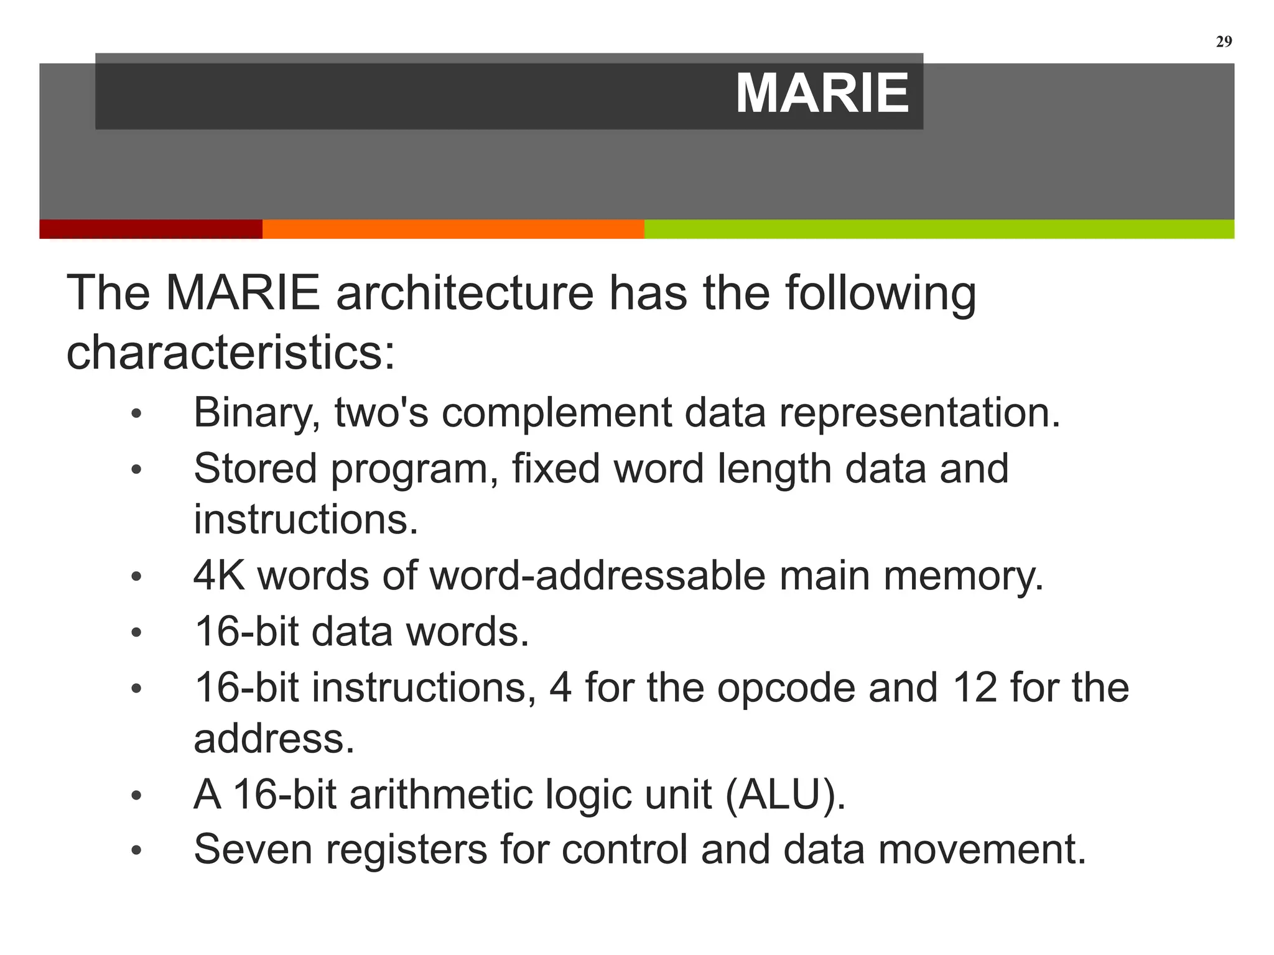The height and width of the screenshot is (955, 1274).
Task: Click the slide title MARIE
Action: pyautogui.click(x=822, y=93)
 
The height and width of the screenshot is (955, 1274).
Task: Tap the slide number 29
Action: pyautogui.click(x=1223, y=42)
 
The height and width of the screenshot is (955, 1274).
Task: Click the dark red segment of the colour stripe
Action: pyautogui.click(x=151, y=229)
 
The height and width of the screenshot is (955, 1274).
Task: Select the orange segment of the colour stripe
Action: pyautogui.click(x=453, y=229)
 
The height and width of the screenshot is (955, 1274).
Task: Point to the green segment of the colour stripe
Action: pyautogui.click(x=939, y=229)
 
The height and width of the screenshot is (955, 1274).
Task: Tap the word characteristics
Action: pyautogui.click(x=230, y=352)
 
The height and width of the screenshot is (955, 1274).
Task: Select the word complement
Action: pyautogui.click(x=556, y=413)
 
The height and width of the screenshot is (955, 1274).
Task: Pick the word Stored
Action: pyautogui.click(x=255, y=468)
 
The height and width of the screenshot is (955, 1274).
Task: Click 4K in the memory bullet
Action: pyautogui.click(x=219, y=575)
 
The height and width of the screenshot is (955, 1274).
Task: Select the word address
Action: pyautogui.click(x=274, y=739)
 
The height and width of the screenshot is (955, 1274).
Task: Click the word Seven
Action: pyautogui.click(x=253, y=849)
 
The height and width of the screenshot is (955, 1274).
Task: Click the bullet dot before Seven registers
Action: pyautogui.click(x=137, y=851)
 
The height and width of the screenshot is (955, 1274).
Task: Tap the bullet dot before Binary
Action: pyautogui.click(x=137, y=414)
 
